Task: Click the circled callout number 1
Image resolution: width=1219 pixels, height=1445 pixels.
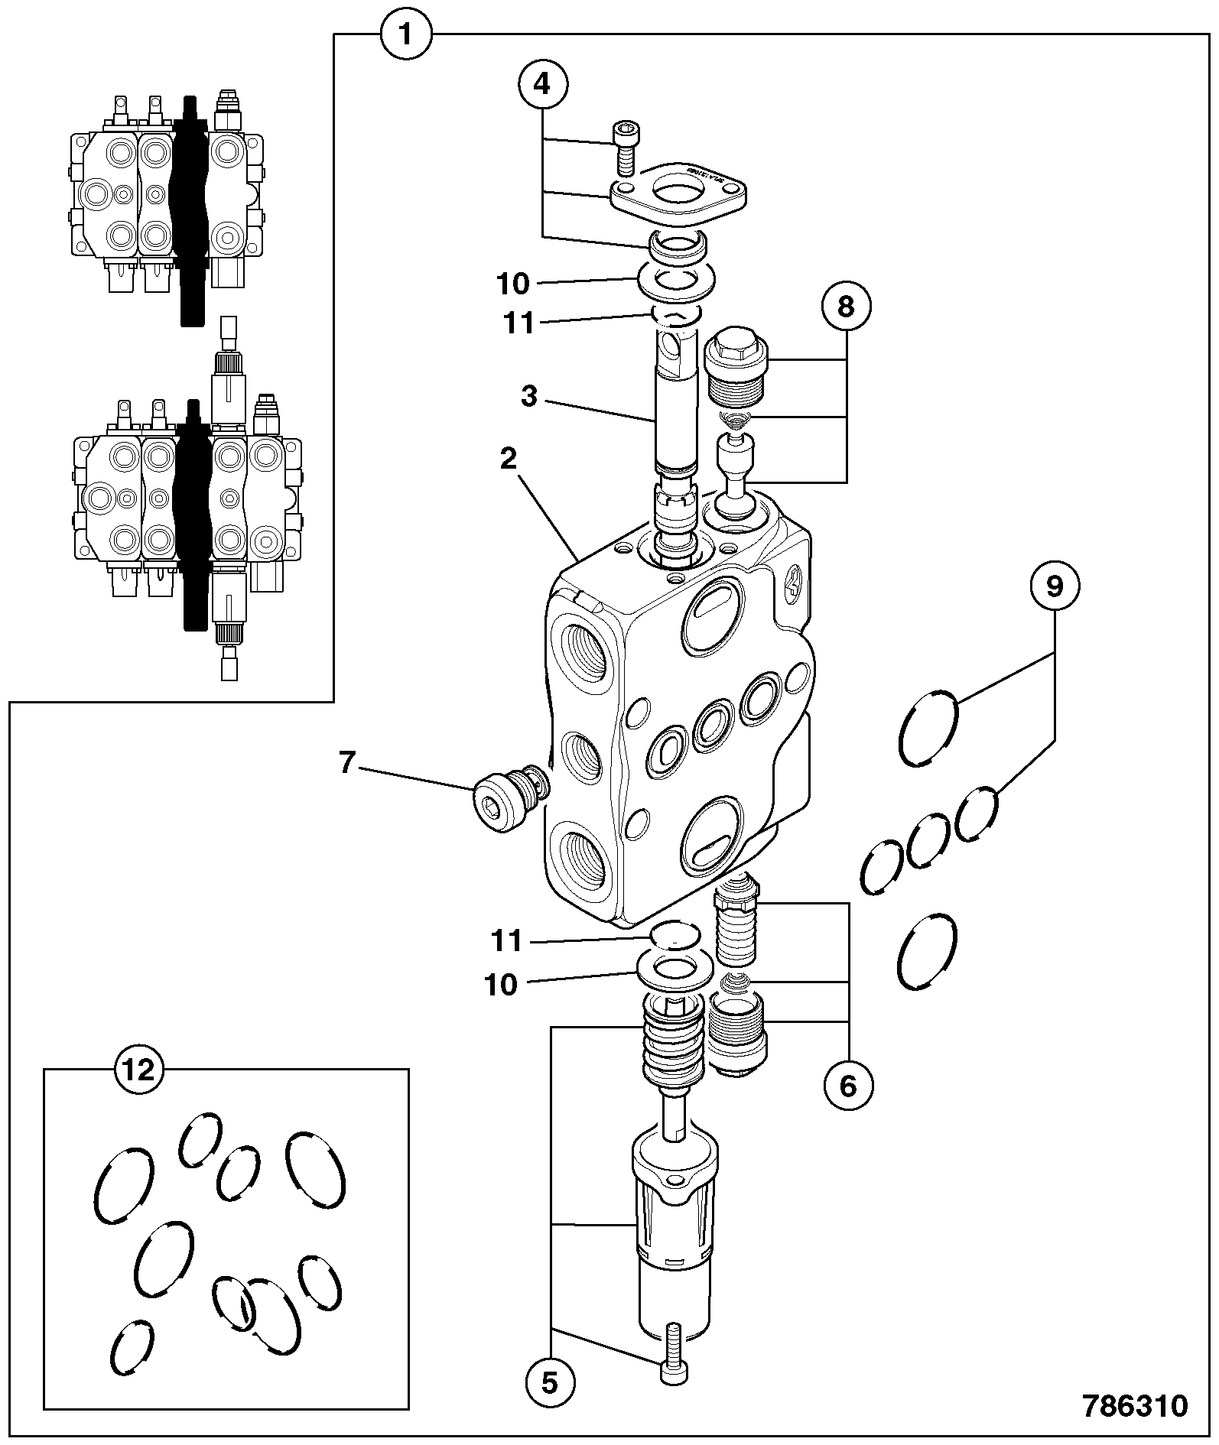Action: (x=406, y=34)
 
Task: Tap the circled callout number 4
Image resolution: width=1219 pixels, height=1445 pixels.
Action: (x=542, y=83)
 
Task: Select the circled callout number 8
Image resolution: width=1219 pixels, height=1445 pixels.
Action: (x=846, y=307)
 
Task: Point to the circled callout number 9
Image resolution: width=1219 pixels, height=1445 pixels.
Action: (x=1055, y=586)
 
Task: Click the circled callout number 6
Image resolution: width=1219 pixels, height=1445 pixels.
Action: (x=848, y=1085)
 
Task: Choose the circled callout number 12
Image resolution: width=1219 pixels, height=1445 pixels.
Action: (x=139, y=1070)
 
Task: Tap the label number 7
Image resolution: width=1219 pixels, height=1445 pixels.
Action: (x=348, y=763)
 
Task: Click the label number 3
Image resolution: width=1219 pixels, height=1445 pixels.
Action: (x=529, y=397)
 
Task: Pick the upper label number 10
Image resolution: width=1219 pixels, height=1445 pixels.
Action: (x=513, y=284)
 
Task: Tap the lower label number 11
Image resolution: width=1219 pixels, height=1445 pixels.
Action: (x=506, y=941)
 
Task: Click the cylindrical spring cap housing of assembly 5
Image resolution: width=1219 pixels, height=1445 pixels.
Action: (x=675, y=1232)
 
